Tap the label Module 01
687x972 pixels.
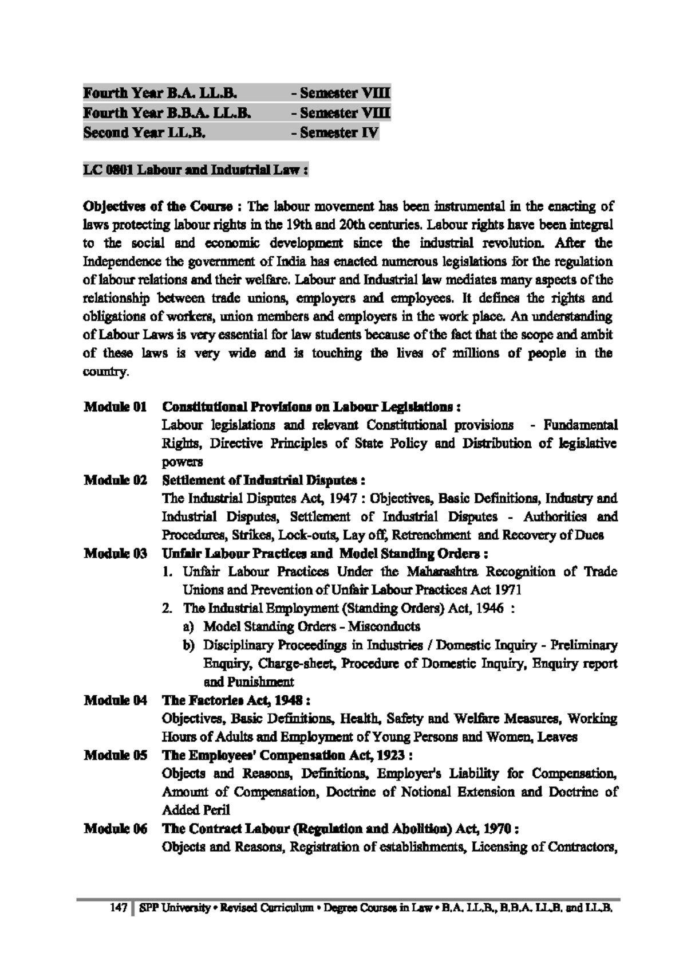[x=115, y=407]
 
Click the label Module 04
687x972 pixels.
[x=115, y=700]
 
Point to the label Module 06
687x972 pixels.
[x=115, y=829]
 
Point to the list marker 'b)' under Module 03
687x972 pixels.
[x=189, y=645]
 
